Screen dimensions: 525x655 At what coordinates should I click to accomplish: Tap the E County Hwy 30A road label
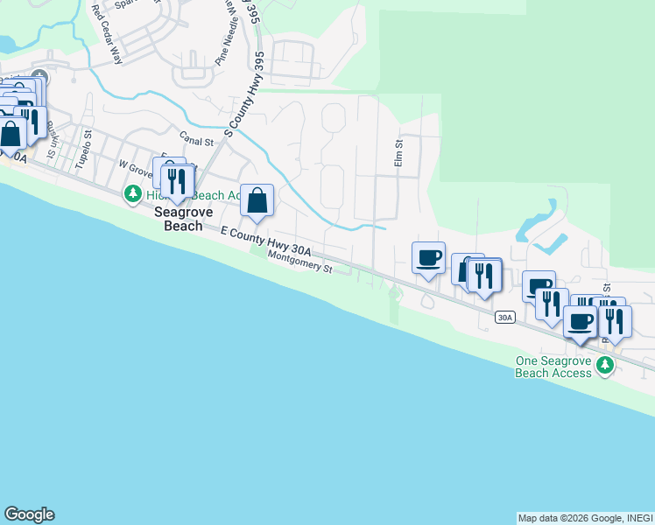(x=266, y=241)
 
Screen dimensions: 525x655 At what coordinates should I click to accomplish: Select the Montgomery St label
(x=300, y=262)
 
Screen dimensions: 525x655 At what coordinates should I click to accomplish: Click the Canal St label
(x=196, y=139)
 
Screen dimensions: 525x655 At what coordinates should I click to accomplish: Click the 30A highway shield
(x=504, y=317)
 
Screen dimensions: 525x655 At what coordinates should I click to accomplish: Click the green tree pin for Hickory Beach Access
(x=132, y=192)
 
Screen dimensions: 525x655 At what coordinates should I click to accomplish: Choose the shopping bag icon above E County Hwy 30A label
(x=257, y=201)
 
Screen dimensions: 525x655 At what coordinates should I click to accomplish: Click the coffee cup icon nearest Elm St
(x=428, y=258)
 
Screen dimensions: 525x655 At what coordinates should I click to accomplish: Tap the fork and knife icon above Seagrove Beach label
(x=179, y=179)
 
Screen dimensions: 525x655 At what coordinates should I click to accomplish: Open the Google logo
(x=29, y=514)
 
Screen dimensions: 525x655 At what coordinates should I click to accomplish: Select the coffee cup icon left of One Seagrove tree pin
(x=581, y=322)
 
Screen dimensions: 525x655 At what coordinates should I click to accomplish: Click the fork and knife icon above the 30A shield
(x=483, y=276)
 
